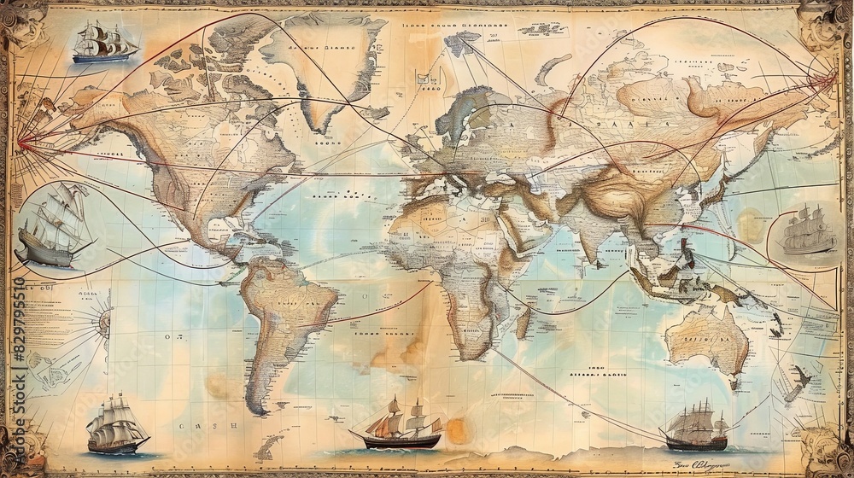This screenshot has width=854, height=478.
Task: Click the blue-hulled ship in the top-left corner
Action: pos(104,43)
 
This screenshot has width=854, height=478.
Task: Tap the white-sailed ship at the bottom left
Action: pos(117,424)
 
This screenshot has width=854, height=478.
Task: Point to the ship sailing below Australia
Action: pos(697,427)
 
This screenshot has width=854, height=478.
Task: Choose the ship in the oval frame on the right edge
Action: pos(806,230)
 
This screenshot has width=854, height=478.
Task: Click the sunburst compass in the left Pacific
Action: pos(103,322)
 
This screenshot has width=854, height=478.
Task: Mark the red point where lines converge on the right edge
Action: pos(832,79)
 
